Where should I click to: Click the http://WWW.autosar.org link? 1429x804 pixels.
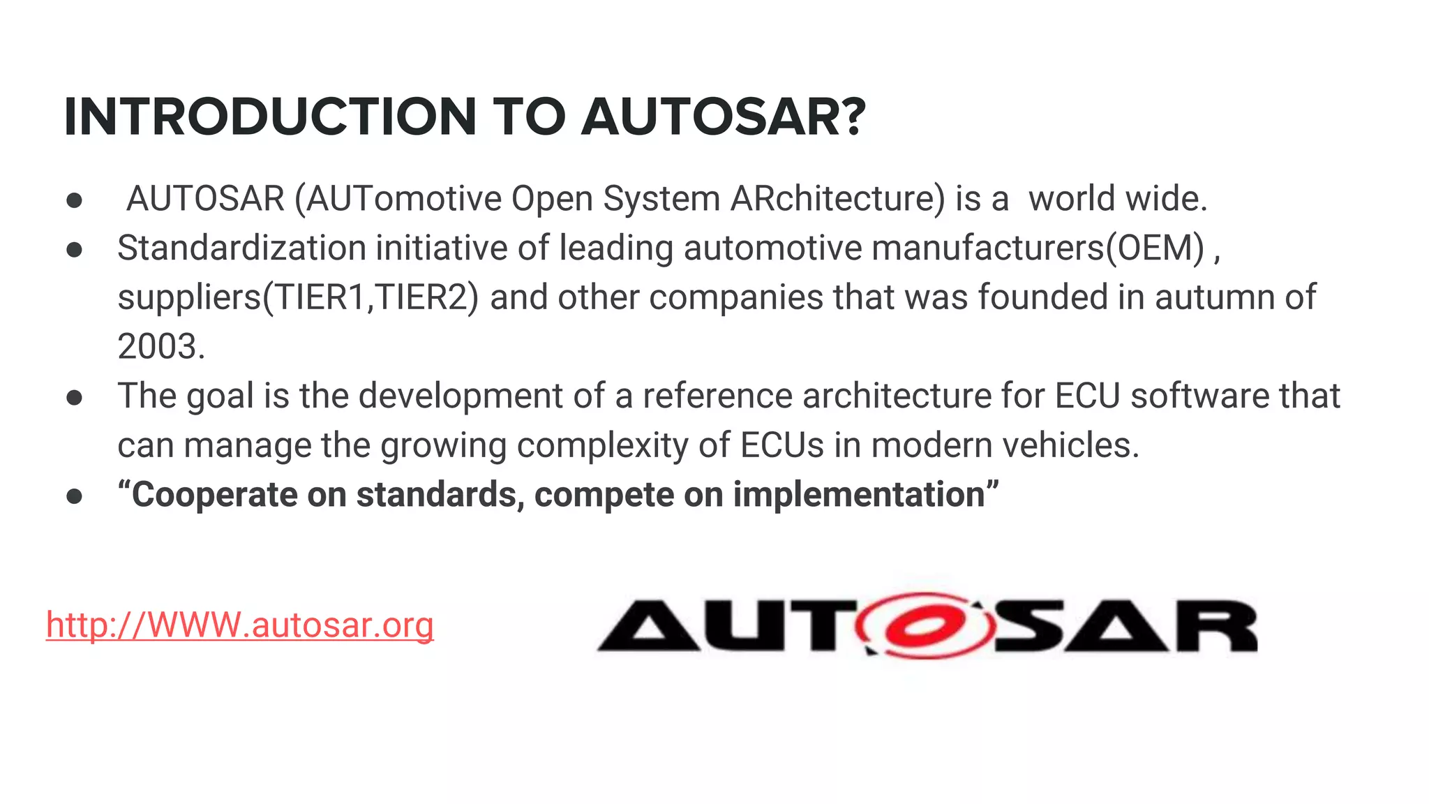(x=240, y=625)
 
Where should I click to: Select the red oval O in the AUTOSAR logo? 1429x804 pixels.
(x=926, y=626)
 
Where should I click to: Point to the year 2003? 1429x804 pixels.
(x=160, y=347)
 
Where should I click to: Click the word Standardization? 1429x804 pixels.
(x=241, y=248)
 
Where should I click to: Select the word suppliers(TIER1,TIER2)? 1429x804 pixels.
(x=298, y=298)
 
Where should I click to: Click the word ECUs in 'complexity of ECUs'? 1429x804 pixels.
(x=782, y=446)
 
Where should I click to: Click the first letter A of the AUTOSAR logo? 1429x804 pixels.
(x=648, y=626)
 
